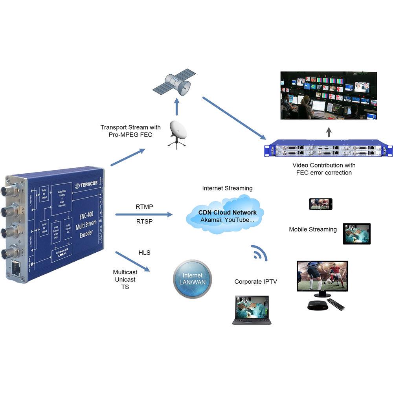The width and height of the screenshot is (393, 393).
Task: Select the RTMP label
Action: click(x=145, y=207)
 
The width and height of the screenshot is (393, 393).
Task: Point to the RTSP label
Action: click(x=145, y=221)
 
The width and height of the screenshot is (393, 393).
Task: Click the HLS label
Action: click(x=145, y=253)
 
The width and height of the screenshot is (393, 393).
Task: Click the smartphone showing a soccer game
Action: click(x=320, y=204)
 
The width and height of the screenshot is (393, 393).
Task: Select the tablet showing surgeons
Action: click(x=356, y=234)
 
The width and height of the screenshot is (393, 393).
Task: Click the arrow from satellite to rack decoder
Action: click(x=234, y=118)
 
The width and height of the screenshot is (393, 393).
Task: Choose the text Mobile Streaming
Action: click(x=313, y=229)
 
